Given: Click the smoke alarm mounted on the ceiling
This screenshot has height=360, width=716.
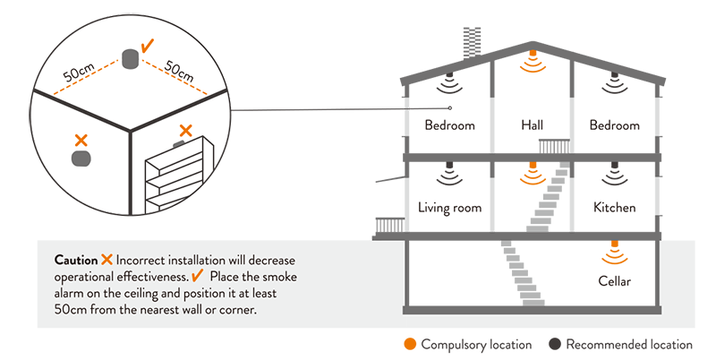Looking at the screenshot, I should point(129,60).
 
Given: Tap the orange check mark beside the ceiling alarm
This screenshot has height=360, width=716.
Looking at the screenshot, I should point(149,43).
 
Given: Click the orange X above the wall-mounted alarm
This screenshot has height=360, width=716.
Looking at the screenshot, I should point(81,140).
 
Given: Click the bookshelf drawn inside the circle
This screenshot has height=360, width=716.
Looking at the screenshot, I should point(179,179).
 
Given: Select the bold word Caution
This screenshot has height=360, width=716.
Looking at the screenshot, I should point(75,260).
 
